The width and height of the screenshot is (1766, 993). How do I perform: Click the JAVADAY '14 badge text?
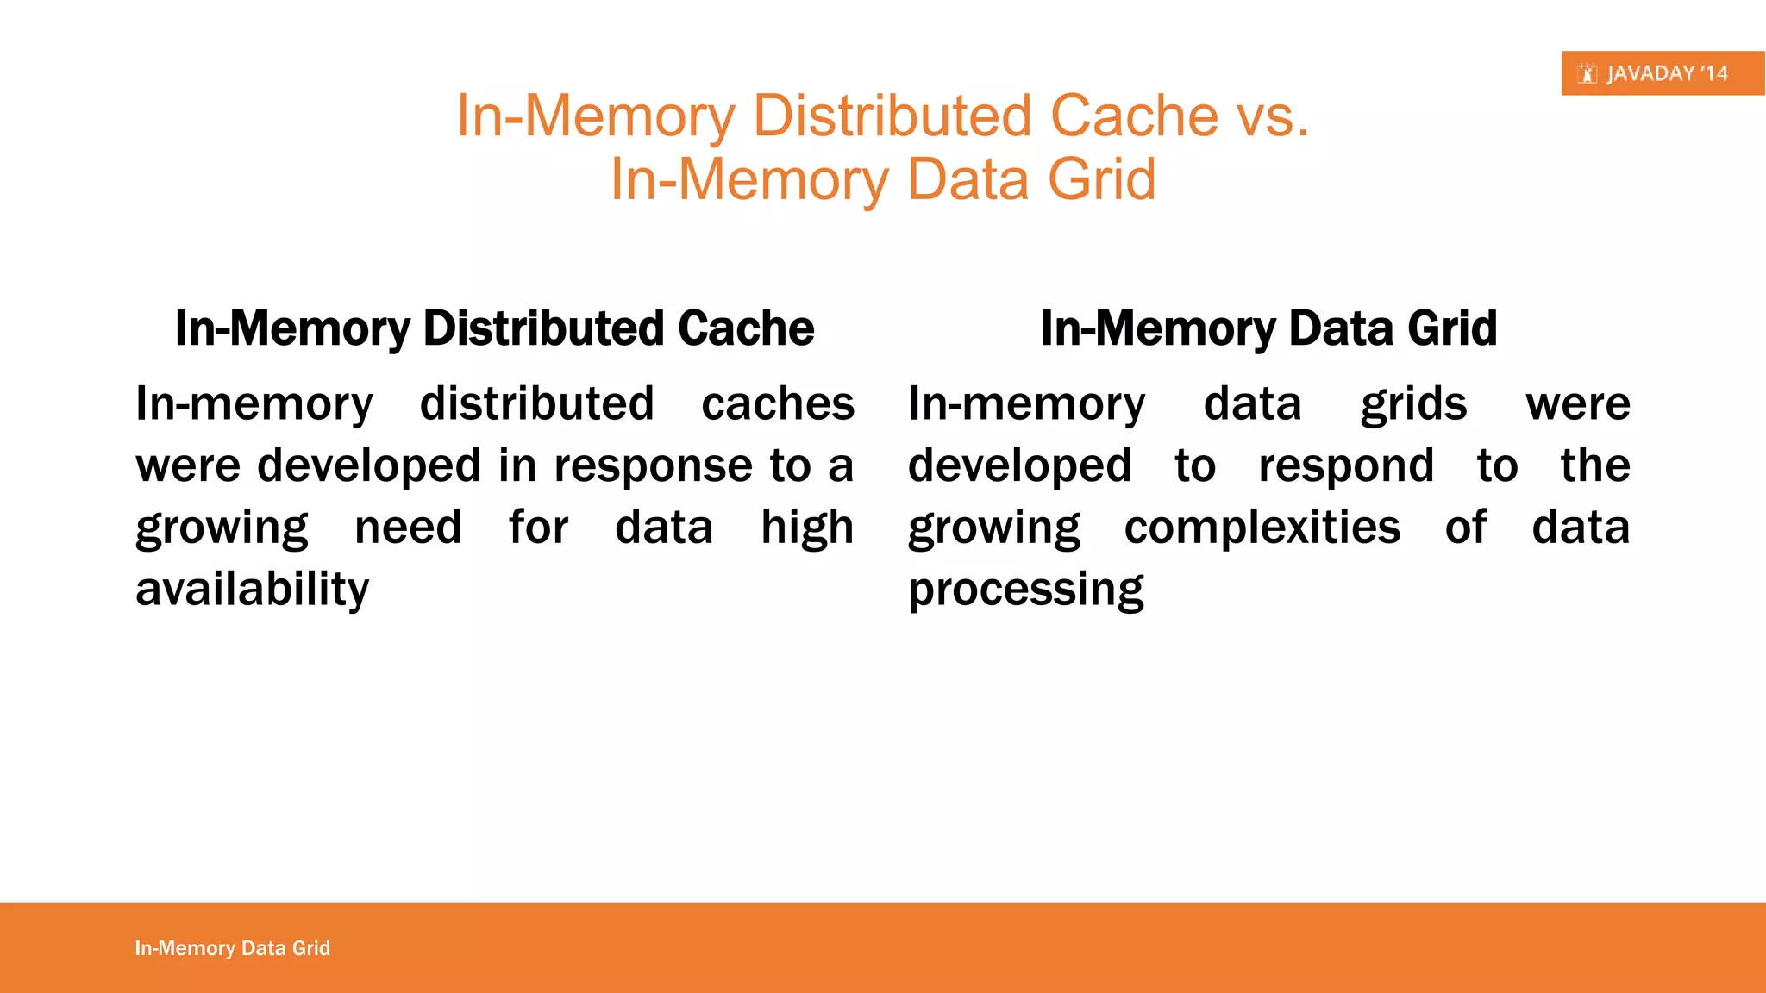point(1667,73)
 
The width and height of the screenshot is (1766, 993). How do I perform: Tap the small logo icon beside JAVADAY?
point(1588,74)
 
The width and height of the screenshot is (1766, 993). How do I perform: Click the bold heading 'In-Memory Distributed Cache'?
point(494,328)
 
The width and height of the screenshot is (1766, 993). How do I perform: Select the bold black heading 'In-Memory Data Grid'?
point(1268,328)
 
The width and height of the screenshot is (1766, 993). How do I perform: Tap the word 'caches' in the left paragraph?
point(778,403)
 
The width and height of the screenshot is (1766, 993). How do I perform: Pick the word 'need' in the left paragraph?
point(408,528)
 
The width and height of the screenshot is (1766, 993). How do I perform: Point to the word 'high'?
point(807,528)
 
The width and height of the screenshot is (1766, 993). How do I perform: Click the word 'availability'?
point(253,590)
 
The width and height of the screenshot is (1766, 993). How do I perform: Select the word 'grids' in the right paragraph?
point(1413,403)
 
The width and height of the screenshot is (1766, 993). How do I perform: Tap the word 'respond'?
point(1346,466)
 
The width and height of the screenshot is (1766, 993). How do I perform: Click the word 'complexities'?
point(1262,528)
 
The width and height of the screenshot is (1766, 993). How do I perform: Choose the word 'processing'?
point(1026,590)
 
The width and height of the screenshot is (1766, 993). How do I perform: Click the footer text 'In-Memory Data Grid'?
point(233,948)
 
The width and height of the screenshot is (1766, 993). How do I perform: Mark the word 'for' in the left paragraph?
point(538,528)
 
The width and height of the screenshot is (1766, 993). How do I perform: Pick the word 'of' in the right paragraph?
point(1466,528)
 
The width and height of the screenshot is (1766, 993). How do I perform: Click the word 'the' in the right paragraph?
point(1595,466)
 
